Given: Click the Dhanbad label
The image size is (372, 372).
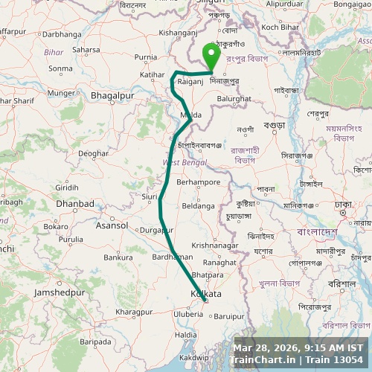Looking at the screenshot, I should [x=75, y=203].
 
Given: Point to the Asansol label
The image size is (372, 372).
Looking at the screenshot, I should [x=112, y=225].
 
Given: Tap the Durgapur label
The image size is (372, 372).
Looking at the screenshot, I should [x=157, y=231].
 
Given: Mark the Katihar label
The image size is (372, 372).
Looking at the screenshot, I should [x=153, y=75].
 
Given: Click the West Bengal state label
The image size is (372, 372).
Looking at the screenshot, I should [x=181, y=162].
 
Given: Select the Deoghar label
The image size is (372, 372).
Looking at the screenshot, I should [x=93, y=153].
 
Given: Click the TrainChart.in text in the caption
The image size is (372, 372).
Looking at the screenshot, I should [x=261, y=360].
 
